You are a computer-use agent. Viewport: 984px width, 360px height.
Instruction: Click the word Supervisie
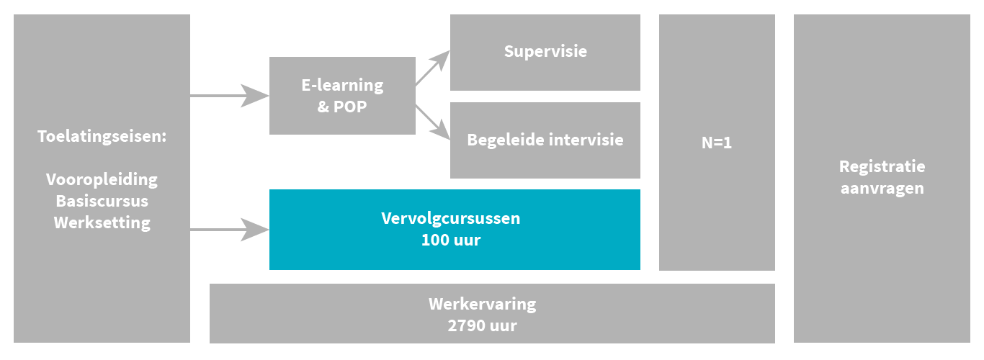545,52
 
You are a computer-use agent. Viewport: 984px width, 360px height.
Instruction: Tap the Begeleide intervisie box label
545,140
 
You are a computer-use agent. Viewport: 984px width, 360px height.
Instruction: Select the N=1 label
717,143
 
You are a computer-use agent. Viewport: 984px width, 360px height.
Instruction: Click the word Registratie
882,166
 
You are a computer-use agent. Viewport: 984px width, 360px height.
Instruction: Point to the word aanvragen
882,189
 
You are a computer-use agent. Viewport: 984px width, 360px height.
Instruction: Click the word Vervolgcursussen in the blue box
451,218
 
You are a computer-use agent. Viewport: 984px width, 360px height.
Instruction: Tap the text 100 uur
451,240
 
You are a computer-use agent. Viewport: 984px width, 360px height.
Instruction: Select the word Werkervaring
482,303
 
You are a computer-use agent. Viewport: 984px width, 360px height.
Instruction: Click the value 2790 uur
482,325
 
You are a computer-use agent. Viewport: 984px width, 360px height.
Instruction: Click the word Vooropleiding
102,179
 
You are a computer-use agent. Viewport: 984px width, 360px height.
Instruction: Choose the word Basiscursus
102,200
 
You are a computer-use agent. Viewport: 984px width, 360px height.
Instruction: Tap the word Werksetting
102,222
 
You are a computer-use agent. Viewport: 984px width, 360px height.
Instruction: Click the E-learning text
342,85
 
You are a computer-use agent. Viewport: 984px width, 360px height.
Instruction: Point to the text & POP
342,107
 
